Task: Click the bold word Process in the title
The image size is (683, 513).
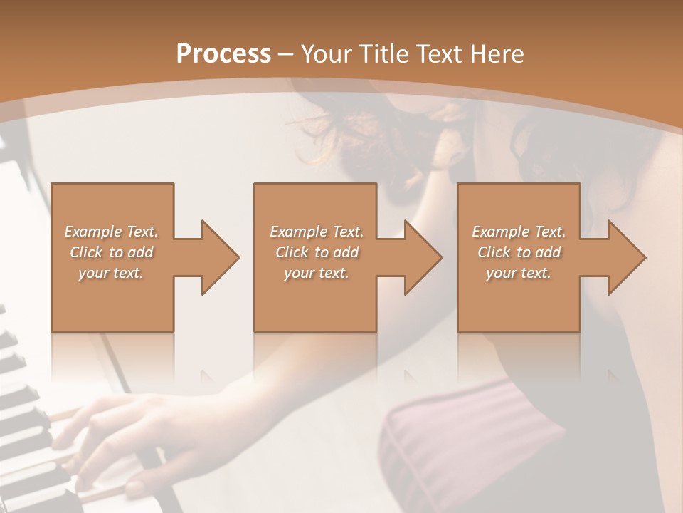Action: [x=223, y=54]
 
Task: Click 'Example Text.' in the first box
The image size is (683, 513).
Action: [x=111, y=232]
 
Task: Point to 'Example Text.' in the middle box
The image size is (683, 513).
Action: [x=316, y=232]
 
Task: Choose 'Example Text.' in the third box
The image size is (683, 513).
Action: [x=519, y=232]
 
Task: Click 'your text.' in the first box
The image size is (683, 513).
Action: [x=111, y=273]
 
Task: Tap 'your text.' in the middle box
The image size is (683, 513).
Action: [x=316, y=273]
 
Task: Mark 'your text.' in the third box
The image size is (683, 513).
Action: [x=519, y=273]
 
